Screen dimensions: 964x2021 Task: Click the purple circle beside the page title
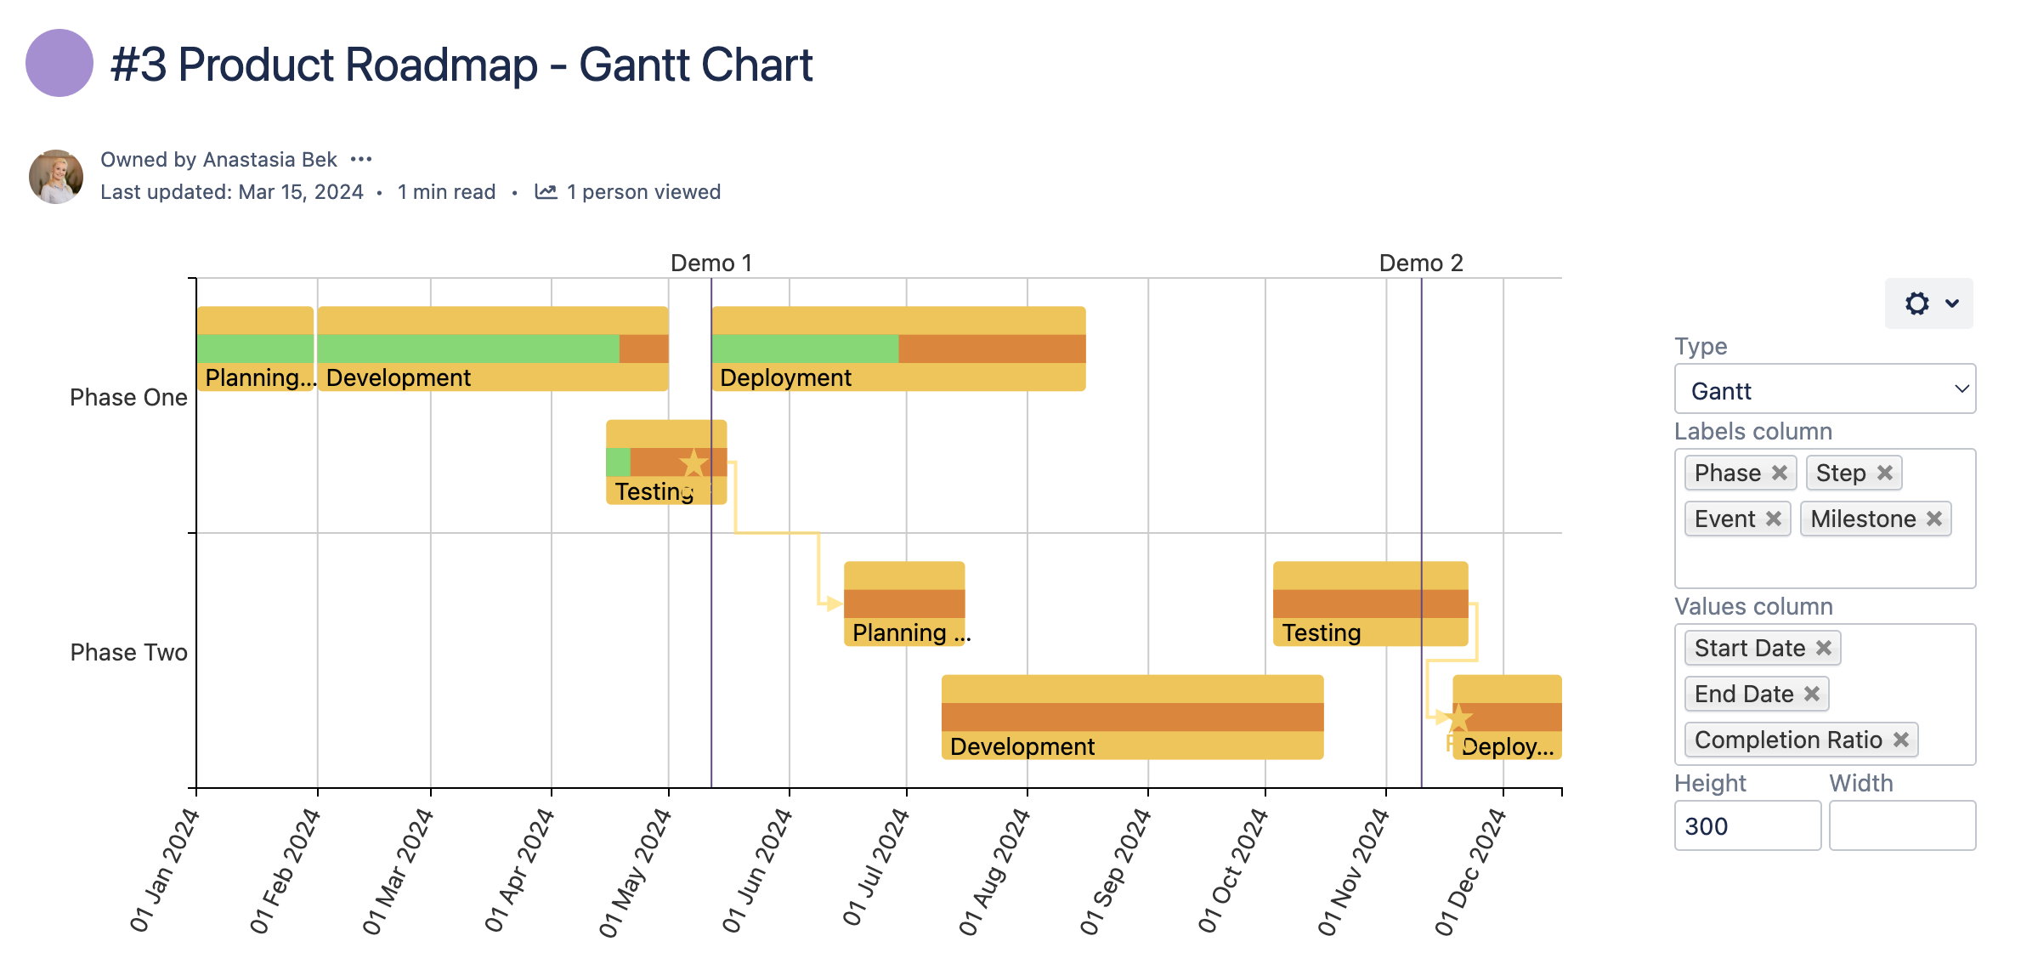(59, 63)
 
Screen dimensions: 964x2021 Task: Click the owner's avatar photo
(56, 177)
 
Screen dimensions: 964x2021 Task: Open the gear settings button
(1928, 303)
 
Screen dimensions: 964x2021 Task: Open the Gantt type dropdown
(1824, 390)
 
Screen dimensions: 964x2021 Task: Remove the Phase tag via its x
(1779, 473)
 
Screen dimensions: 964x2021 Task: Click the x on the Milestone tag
(1933, 519)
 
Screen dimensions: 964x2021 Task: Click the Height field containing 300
(1746, 825)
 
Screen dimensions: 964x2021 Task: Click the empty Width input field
(1901, 825)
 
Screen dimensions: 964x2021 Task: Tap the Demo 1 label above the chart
(710, 263)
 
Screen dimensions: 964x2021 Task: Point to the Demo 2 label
(1420, 263)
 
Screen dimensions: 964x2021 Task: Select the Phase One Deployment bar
(897, 349)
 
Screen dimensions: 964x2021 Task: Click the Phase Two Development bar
(1131, 717)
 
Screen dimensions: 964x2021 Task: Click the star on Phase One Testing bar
(693, 463)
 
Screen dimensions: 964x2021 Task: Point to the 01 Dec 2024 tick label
(1470, 870)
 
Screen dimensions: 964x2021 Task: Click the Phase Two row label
(128, 652)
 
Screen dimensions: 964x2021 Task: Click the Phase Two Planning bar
(903, 603)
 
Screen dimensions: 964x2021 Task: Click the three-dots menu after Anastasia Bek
(361, 159)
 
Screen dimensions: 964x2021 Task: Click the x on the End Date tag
(1811, 694)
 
